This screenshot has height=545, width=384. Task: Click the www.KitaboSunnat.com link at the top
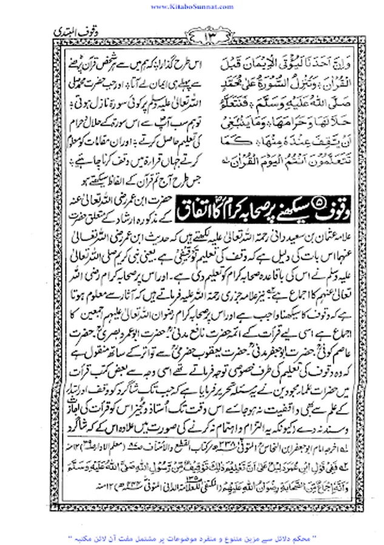(192, 5)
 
